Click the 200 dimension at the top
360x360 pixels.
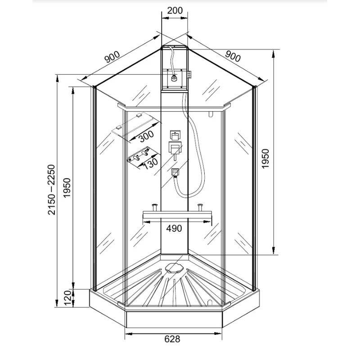click(x=174, y=10)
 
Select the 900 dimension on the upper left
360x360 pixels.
click(x=112, y=57)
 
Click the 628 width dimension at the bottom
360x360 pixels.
click(x=173, y=339)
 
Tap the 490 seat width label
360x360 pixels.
click(x=174, y=229)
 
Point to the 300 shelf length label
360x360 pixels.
click(x=145, y=134)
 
